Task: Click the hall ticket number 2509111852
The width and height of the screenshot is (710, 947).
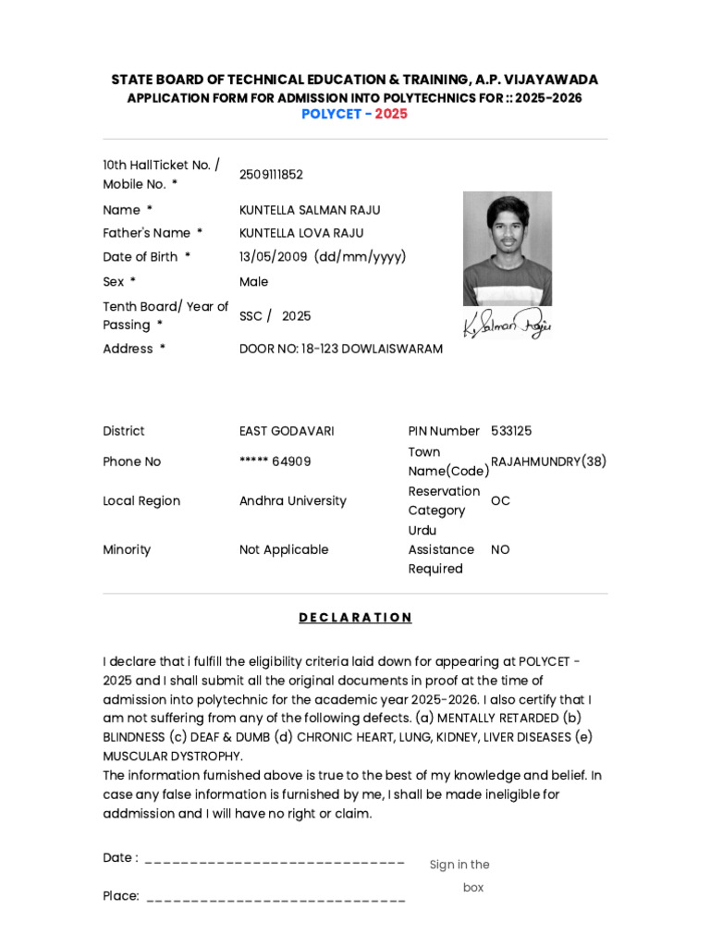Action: (x=271, y=175)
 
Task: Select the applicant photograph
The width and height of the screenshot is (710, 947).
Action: (x=507, y=248)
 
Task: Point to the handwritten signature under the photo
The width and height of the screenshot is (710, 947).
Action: (x=507, y=325)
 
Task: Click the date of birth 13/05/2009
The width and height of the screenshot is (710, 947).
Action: (x=273, y=257)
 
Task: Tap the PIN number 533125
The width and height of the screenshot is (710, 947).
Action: (x=511, y=431)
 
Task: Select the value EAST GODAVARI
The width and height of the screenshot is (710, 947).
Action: (x=287, y=431)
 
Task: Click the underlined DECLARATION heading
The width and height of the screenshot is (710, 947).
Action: (x=355, y=618)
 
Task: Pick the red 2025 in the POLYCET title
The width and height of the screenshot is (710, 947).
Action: (x=391, y=114)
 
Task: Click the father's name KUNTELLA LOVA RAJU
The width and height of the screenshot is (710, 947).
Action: (x=301, y=233)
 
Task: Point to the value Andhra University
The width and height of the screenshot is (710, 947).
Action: (x=292, y=501)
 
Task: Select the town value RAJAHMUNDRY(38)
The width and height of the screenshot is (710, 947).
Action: (x=548, y=461)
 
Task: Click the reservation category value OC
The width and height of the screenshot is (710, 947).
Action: (x=500, y=501)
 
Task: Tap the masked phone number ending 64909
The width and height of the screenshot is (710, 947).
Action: (x=275, y=461)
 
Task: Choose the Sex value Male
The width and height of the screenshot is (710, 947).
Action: (x=253, y=282)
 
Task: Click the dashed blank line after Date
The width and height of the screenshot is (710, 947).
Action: (x=275, y=862)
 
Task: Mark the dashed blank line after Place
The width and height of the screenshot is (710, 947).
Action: (x=275, y=899)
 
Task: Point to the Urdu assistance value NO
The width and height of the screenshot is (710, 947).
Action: (x=500, y=549)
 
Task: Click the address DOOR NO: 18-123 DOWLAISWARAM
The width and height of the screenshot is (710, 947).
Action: (x=340, y=349)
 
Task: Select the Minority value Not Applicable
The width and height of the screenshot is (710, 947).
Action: (x=283, y=549)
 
